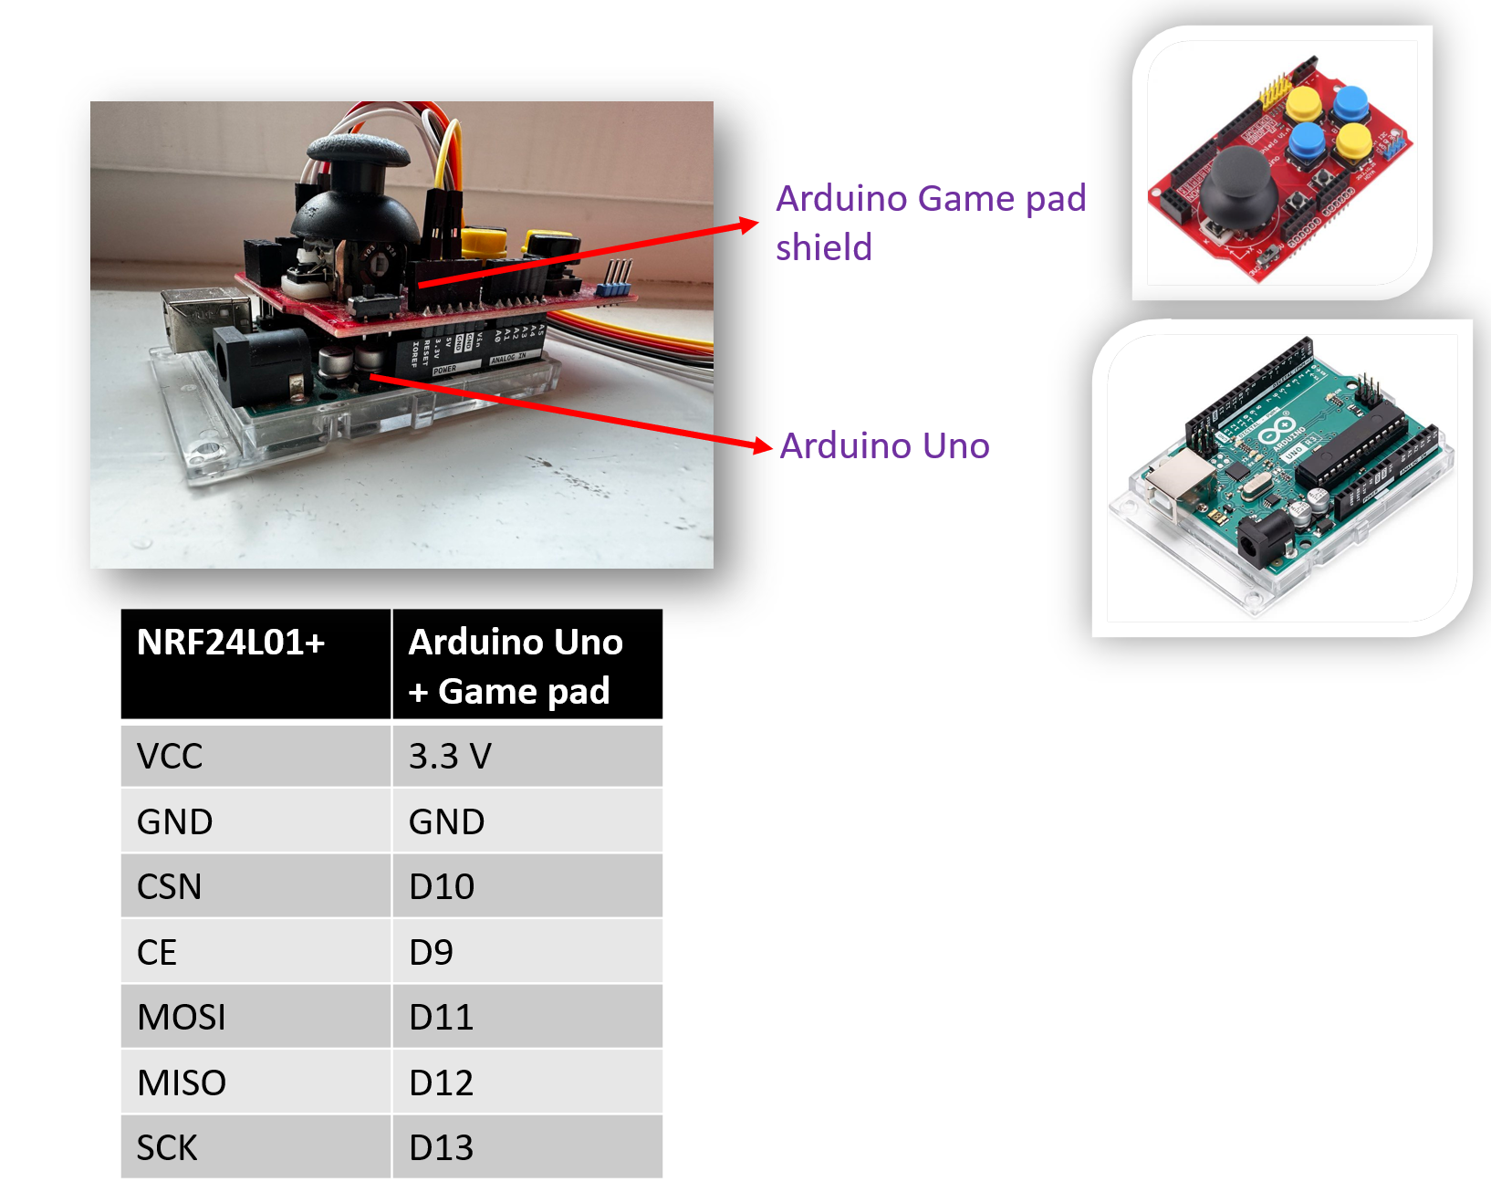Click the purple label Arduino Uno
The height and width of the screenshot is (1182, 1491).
pyautogui.click(x=884, y=445)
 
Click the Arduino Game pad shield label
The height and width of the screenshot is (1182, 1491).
pyautogui.click(x=930, y=222)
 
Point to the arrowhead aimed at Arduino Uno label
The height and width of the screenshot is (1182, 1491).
pyautogui.click(x=763, y=445)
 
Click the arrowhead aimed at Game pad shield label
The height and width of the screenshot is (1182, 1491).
pyautogui.click(x=749, y=224)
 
